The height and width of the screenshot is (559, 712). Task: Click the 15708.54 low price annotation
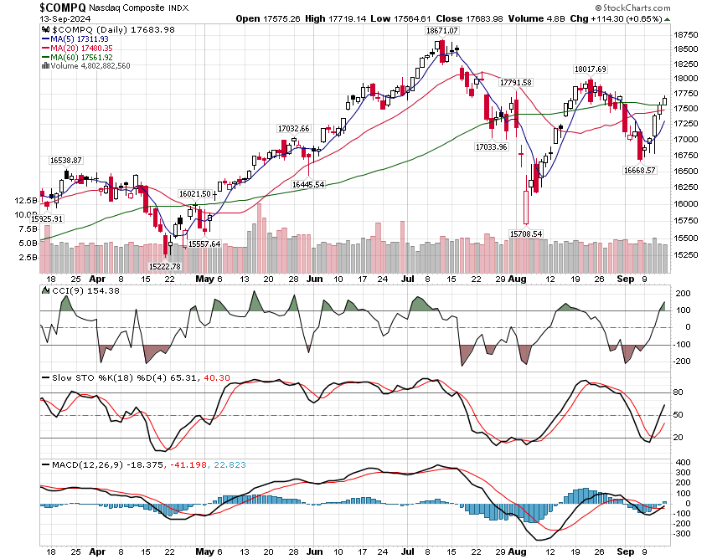click(x=526, y=234)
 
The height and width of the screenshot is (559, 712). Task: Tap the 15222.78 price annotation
click(x=165, y=266)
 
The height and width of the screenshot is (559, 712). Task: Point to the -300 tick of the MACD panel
click(x=684, y=533)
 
